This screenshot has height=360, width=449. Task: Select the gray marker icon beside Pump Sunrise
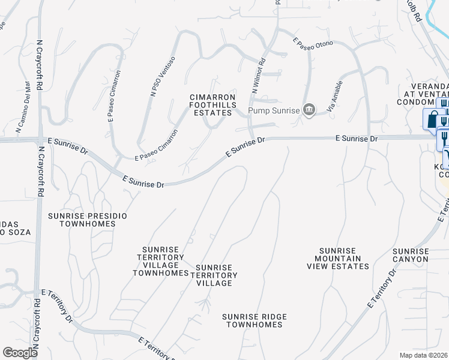[x=309, y=109]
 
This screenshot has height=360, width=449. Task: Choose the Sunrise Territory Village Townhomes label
[x=161, y=261]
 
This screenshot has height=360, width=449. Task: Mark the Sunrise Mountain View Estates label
[x=340, y=258]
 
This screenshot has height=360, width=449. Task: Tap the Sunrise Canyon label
[x=411, y=255]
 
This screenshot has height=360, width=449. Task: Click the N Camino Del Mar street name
[x=23, y=106]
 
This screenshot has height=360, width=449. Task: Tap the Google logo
[x=20, y=353]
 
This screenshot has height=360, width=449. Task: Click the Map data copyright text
[x=424, y=355]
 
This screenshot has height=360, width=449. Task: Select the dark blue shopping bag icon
[x=432, y=119]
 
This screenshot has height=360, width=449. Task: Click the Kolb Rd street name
[x=414, y=13]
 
